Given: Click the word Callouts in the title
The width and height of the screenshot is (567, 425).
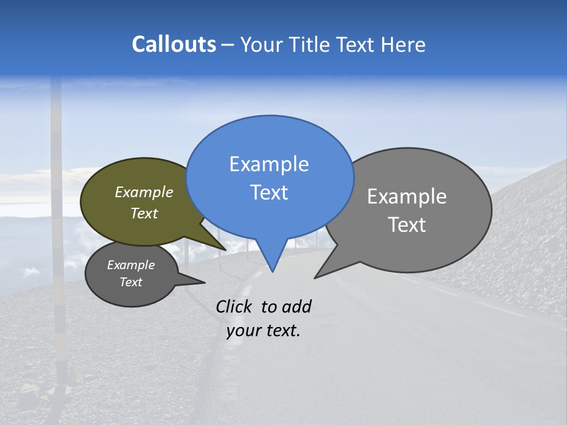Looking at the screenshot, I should coord(174,45).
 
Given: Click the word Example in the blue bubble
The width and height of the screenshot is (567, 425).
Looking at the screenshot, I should coord(269,164).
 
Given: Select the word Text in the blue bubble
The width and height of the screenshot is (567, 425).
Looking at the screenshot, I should coord(269,192).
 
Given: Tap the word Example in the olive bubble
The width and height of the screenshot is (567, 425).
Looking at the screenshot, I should coord(144,192).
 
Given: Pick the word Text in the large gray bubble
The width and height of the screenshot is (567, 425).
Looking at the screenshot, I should coord(407,225).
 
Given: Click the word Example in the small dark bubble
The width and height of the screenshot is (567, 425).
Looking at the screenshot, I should coord(131,265).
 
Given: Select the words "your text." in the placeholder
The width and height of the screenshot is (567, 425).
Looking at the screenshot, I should coord(263,331).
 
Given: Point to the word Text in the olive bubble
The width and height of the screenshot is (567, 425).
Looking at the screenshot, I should coord(144,213).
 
